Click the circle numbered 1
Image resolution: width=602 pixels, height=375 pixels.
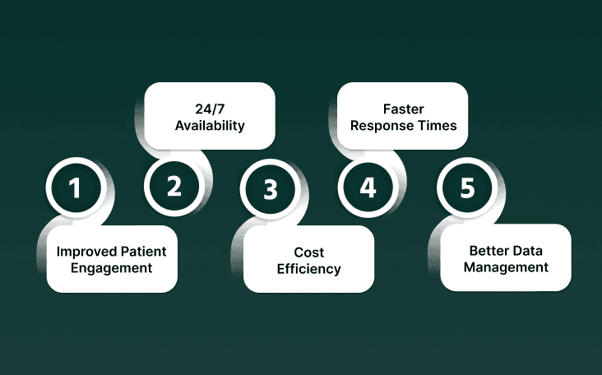point(76,188)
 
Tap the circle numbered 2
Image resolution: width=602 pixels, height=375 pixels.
point(174,187)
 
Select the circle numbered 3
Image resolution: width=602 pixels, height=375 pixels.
point(271,188)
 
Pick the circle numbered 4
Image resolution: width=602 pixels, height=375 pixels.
point(368,187)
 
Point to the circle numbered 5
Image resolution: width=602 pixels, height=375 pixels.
point(467,188)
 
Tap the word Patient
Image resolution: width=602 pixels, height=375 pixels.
point(141,251)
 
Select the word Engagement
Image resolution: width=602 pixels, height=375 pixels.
point(111,267)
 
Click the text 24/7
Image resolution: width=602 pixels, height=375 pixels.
point(210,110)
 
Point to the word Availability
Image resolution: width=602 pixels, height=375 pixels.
point(210,127)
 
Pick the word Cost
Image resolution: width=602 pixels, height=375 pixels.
point(308,252)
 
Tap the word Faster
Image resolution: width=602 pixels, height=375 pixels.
point(403,109)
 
